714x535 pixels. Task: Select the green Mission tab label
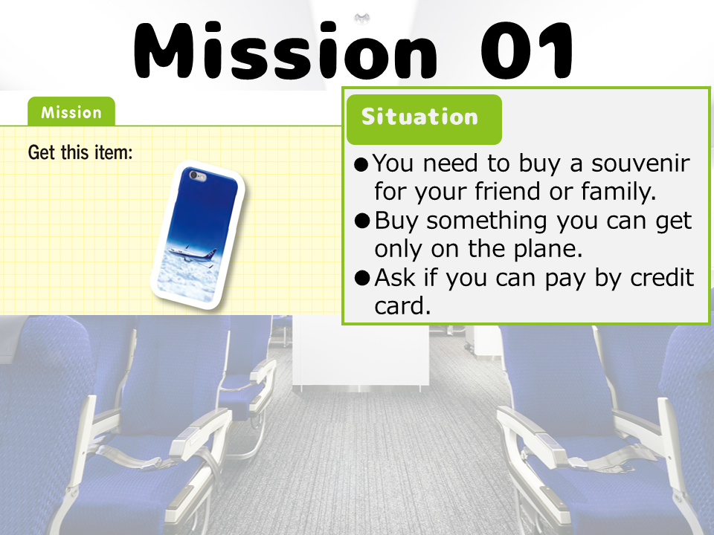(x=71, y=112)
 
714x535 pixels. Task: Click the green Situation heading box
(x=424, y=119)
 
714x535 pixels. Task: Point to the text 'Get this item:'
(x=80, y=152)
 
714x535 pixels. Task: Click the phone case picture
(x=198, y=235)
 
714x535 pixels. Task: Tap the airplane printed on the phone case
(x=192, y=254)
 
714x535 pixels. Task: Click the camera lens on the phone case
(x=194, y=175)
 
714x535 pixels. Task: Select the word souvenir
(x=640, y=163)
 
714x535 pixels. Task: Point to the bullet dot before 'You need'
(x=361, y=165)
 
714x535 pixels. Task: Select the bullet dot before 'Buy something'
(x=361, y=221)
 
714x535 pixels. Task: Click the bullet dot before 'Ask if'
(x=361, y=277)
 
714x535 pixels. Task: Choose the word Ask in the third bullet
(x=395, y=277)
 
